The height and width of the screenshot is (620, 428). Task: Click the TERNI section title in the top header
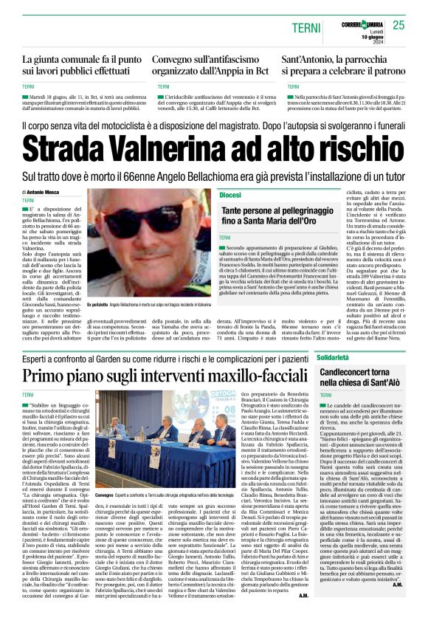(305, 27)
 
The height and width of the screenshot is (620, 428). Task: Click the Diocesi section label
(230, 194)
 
